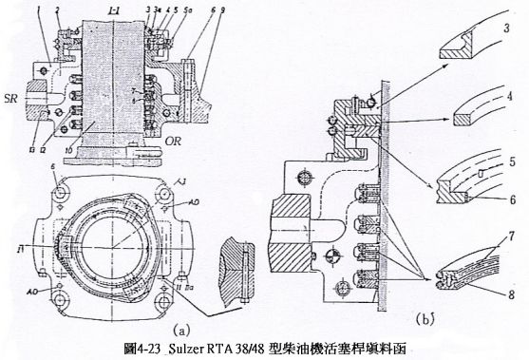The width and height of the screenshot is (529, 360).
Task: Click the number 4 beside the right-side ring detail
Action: point(510,94)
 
